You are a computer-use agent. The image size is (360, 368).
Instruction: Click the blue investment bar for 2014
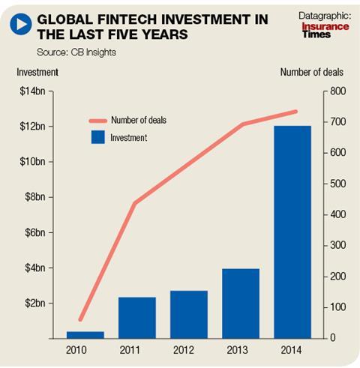292,232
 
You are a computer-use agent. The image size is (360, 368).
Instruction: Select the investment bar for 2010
85,335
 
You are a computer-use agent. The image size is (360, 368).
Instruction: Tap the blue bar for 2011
137,318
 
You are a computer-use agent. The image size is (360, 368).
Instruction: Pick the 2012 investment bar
189,315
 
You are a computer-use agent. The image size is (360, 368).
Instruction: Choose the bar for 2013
241,304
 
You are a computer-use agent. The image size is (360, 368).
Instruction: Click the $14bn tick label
32,91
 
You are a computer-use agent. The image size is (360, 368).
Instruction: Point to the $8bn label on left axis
35,197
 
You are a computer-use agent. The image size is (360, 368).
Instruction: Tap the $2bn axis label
35,303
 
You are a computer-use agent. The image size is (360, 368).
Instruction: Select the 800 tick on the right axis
338,91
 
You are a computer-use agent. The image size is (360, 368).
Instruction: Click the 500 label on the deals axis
338,184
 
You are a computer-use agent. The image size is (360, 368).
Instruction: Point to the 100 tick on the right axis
338,307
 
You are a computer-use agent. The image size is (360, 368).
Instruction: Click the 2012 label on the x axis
184,350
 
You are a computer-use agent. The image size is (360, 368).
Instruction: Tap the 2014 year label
291,350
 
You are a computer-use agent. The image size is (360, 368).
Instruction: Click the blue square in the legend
98,137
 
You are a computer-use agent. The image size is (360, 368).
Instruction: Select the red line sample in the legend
98,121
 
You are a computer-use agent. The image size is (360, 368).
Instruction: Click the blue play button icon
21,24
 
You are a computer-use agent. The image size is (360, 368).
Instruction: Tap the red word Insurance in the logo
325,26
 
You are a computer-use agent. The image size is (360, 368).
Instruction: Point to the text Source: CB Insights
76,52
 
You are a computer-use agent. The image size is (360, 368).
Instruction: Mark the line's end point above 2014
295,112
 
